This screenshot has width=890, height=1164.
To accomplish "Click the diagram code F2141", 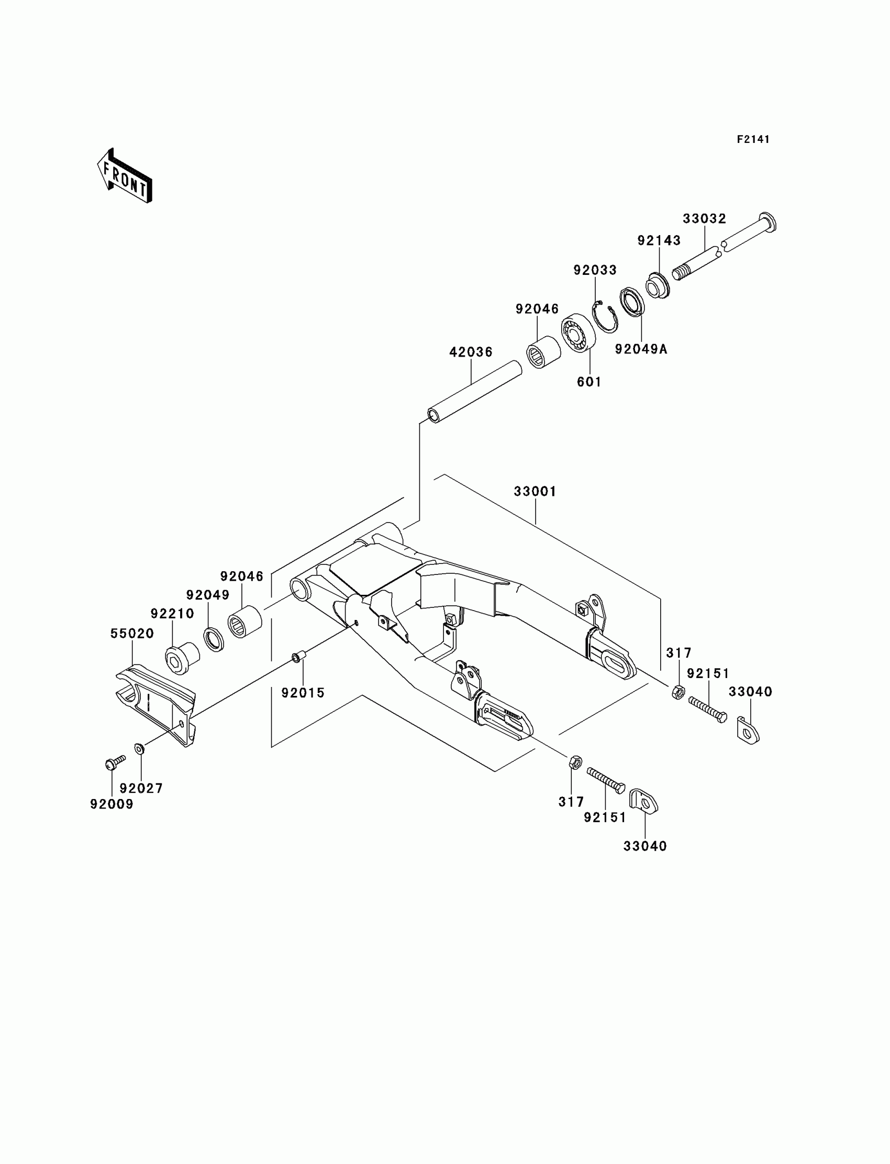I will [x=753, y=139].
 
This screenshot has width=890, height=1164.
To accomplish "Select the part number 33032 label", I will [x=704, y=219].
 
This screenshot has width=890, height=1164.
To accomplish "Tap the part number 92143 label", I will [x=659, y=240].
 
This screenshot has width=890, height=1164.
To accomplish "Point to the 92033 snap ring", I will [x=605, y=316].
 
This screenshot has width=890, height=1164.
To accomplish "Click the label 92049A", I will [x=641, y=349].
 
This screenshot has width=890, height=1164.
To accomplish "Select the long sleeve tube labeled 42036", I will [x=475, y=391].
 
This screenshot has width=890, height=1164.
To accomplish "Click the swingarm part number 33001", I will [x=535, y=492].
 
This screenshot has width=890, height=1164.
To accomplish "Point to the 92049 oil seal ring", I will [x=214, y=639].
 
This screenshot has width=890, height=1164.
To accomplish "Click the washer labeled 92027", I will [x=140, y=749].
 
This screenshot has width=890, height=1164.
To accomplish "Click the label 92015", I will [x=303, y=693].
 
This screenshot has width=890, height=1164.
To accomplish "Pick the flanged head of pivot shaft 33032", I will [x=767, y=221].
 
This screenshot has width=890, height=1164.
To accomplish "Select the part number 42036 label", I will [x=471, y=352].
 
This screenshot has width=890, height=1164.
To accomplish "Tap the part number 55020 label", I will [x=132, y=634].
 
